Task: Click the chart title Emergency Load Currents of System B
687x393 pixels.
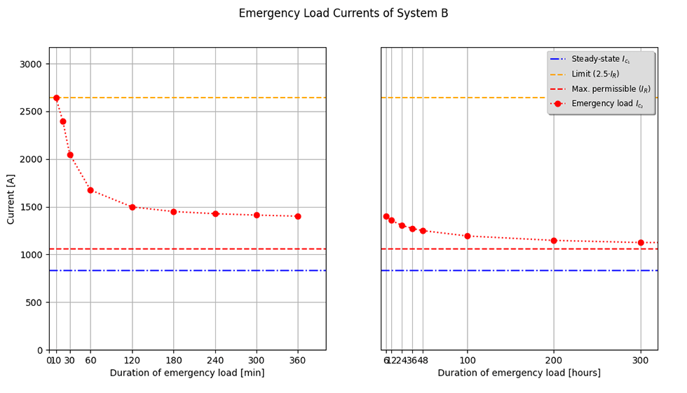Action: pos(343,13)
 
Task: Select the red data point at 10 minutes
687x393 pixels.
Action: pos(56,98)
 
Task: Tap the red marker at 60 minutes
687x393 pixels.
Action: pos(90,190)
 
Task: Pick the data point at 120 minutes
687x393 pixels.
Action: pos(132,207)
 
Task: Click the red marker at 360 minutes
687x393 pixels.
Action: pos(298,216)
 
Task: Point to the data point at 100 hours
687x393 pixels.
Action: pos(468,236)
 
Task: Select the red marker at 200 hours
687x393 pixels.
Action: pos(554,241)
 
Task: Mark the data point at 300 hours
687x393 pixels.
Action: pos(641,243)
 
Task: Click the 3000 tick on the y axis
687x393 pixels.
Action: pos(31,64)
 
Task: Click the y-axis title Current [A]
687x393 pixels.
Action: pos(11,199)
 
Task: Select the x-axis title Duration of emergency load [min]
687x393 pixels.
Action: pos(187,373)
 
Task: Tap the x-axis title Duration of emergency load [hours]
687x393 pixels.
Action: pos(519,373)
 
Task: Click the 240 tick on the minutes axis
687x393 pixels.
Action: pos(215,360)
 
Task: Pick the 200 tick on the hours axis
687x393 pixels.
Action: pos(554,360)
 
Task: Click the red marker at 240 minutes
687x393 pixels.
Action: pos(215,214)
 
